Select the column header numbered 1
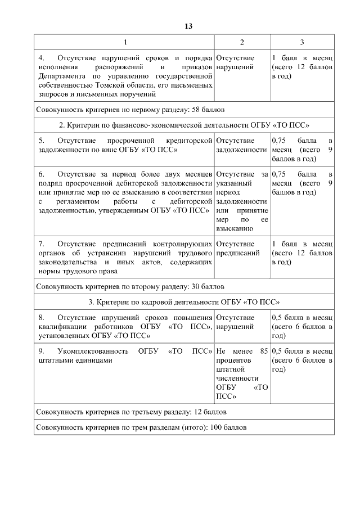point(125,42)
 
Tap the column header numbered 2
point(242,42)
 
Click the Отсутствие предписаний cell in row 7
point(237,249)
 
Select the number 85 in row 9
point(263,352)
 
